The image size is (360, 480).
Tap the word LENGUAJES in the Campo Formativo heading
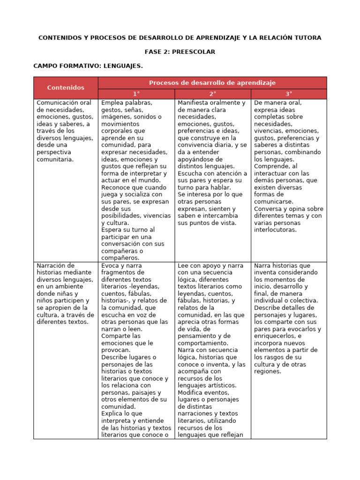point(122,66)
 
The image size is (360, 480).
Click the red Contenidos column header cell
point(66,88)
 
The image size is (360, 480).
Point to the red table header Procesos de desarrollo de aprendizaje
point(212,82)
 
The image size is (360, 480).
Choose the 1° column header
point(136,94)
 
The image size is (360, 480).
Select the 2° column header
point(212,94)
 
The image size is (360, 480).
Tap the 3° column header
point(289,94)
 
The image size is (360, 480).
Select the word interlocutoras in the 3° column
point(276,230)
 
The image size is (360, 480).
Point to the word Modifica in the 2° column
point(191,392)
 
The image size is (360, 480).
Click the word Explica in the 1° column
point(112,413)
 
